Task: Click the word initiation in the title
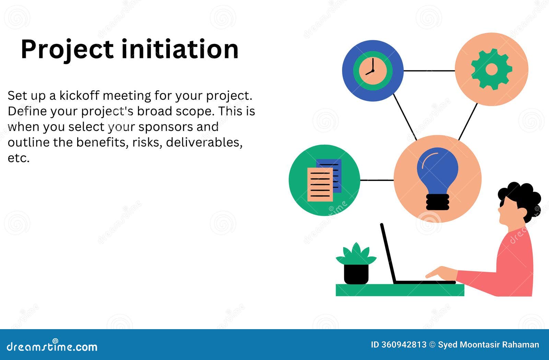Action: [x=180, y=49]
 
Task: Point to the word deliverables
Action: [x=204, y=143]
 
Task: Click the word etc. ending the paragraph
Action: [x=19, y=158]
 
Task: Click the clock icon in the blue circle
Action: [x=373, y=71]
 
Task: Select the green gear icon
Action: [x=491, y=69]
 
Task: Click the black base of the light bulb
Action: [x=437, y=202]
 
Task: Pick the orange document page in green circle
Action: [x=320, y=184]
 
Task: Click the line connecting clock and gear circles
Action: [x=429, y=71]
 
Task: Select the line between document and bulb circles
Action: [x=377, y=180]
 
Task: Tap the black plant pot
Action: [x=356, y=274]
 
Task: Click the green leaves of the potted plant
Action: [x=356, y=255]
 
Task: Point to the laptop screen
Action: [x=388, y=253]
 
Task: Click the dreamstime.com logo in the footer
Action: [x=52, y=346]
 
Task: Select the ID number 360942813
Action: [x=404, y=345]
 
